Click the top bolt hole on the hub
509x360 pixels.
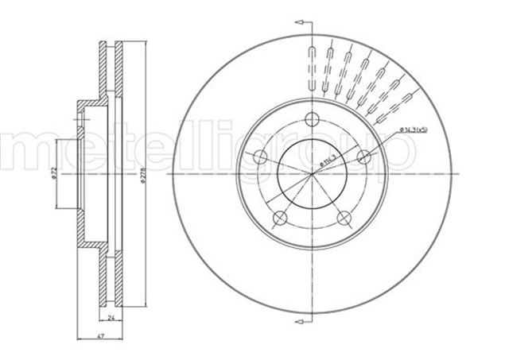[x=313, y=120]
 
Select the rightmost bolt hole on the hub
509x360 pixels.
[x=365, y=158]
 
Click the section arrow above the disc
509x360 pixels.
[x=300, y=25]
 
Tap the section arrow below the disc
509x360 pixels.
[x=300, y=321]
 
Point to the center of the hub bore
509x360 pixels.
[x=313, y=173]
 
